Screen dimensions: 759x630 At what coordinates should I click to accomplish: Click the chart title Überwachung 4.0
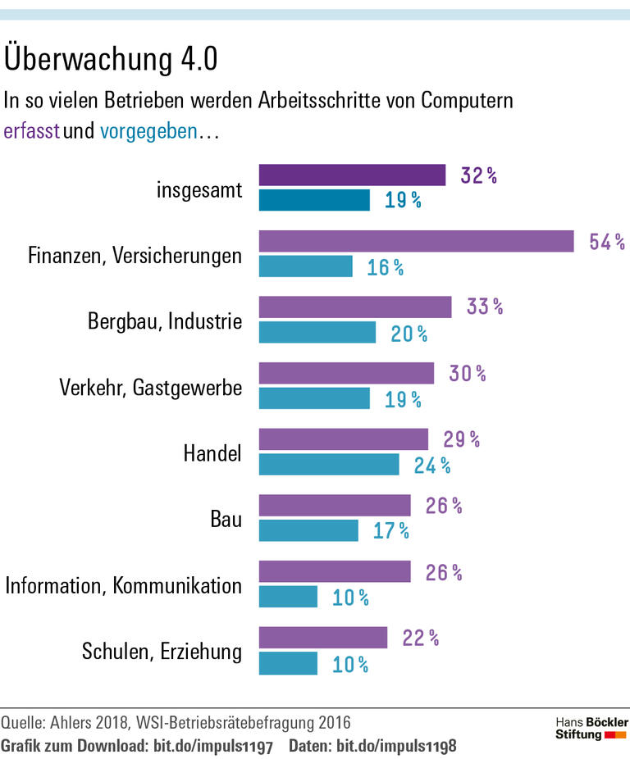point(112,61)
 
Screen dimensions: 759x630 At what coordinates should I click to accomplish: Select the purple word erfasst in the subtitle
point(31,131)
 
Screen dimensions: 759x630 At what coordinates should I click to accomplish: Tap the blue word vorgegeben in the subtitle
point(148,131)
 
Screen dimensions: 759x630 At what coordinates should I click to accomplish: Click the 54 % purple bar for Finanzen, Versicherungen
point(416,241)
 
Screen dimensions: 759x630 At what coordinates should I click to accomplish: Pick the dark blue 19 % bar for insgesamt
point(314,200)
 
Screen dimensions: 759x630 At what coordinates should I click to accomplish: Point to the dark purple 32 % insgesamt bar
point(352,175)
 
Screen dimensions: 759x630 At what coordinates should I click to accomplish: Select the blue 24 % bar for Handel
point(329,465)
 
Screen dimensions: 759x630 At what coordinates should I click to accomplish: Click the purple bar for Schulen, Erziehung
point(322,637)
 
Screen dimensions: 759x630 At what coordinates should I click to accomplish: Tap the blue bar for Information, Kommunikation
point(288,597)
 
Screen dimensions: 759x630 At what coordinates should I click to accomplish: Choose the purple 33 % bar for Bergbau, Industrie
point(355,307)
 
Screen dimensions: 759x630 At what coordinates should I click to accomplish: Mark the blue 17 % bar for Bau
point(308,530)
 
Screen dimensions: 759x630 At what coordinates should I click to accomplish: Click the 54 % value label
point(607,242)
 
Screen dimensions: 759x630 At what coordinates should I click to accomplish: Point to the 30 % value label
point(468,374)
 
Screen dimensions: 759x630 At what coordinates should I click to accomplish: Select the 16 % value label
point(385,267)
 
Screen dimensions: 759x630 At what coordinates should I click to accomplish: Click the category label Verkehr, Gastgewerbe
point(151,387)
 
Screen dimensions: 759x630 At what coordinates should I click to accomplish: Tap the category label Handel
point(212,452)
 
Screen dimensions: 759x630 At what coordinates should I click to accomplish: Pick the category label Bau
point(226,519)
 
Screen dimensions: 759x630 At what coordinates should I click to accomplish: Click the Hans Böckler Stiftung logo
point(591,728)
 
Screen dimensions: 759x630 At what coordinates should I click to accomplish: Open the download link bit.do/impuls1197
point(213,747)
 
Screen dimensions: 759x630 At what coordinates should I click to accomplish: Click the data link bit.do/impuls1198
point(396,747)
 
